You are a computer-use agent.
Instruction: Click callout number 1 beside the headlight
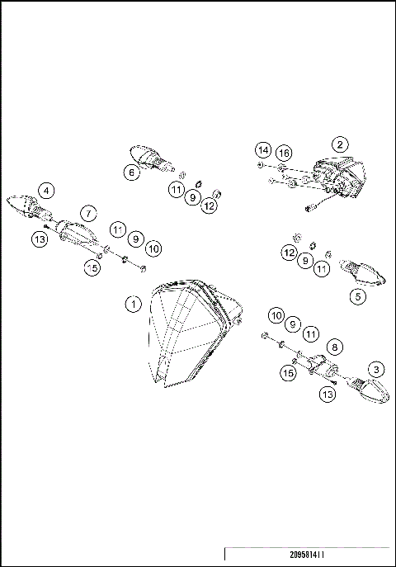tap(132, 304)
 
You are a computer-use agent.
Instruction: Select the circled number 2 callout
tap(339, 144)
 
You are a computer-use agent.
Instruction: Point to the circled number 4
tap(47, 191)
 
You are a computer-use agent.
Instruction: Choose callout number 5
tap(356, 295)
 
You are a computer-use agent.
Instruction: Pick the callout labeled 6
tap(131, 172)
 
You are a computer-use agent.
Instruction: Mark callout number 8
tap(335, 347)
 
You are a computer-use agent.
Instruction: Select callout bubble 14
tap(262, 150)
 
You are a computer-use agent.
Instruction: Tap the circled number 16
tap(283, 154)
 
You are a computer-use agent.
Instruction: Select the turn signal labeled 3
tap(367, 392)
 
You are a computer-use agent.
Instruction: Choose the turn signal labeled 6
tap(148, 155)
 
